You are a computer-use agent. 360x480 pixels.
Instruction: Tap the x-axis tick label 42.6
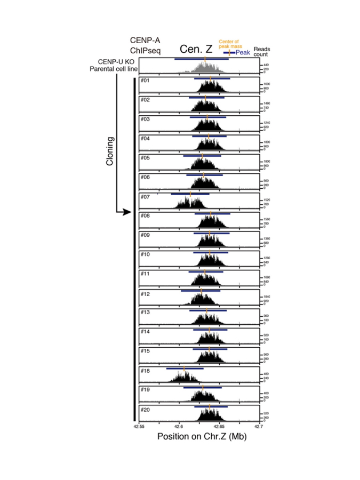[x=179, y=426]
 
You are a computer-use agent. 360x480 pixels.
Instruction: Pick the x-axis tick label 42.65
[x=219, y=426]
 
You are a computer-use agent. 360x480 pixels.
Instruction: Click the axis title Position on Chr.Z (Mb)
[x=199, y=436]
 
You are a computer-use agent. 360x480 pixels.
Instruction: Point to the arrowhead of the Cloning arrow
[x=127, y=212]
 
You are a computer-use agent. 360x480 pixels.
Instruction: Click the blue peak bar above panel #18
[x=185, y=368]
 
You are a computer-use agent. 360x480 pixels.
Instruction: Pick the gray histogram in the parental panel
[x=205, y=67]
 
